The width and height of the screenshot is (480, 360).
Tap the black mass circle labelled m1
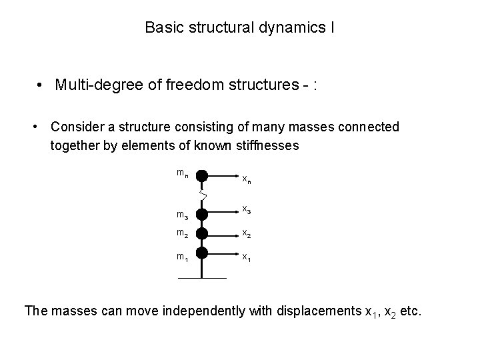203,252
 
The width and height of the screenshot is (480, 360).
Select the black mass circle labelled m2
203,233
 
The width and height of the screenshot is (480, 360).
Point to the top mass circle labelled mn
203,176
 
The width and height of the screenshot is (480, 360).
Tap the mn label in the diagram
182,173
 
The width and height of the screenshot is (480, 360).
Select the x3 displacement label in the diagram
246,210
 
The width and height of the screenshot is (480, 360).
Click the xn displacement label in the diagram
246,179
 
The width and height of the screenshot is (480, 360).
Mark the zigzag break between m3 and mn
203,195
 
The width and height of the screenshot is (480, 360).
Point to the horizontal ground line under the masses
203,277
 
